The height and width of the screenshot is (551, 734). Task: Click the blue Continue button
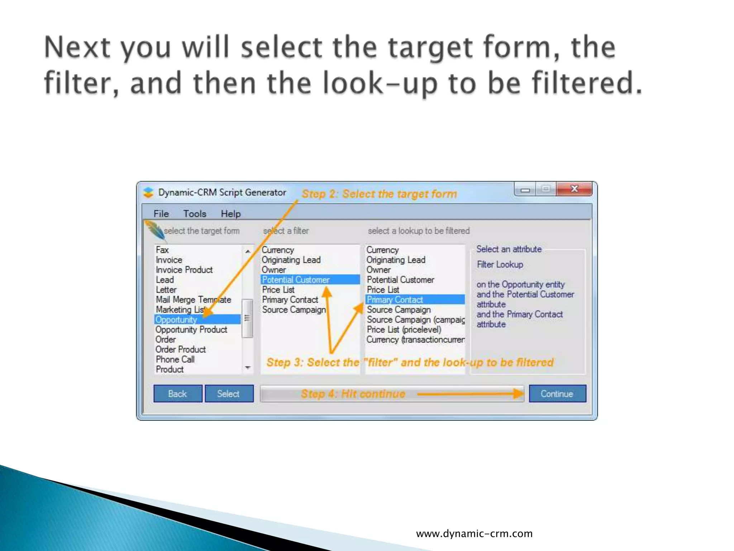(x=557, y=394)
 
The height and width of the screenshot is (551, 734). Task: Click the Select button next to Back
(x=229, y=394)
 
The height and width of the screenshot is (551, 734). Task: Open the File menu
(x=161, y=214)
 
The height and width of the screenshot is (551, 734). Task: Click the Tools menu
(x=195, y=214)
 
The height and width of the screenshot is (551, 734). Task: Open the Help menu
(x=230, y=214)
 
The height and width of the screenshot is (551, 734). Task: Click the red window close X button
(x=574, y=189)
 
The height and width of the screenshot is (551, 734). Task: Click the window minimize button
(x=525, y=189)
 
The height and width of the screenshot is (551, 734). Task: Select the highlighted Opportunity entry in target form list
(x=176, y=319)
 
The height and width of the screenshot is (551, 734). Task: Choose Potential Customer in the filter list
(x=296, y=279)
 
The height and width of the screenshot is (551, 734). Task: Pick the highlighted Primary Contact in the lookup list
(x=395, y=300)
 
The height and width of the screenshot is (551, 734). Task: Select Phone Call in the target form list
(x=175, y=359)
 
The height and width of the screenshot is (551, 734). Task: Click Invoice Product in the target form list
(x=184, y=270)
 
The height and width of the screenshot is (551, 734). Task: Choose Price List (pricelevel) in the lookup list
(x=404, y=329)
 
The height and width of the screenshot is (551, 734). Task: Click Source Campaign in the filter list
(x=294, y=310)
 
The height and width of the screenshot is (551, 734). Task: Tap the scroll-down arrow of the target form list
(x=248, y=368)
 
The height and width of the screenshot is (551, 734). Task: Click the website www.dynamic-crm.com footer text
(x=474, y=533)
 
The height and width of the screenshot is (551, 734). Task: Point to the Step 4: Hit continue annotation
(x=353, y=394)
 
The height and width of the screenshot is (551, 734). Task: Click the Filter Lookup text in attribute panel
(x=500, y=264)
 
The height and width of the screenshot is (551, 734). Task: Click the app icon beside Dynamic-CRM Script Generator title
(x=148, y=193)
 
